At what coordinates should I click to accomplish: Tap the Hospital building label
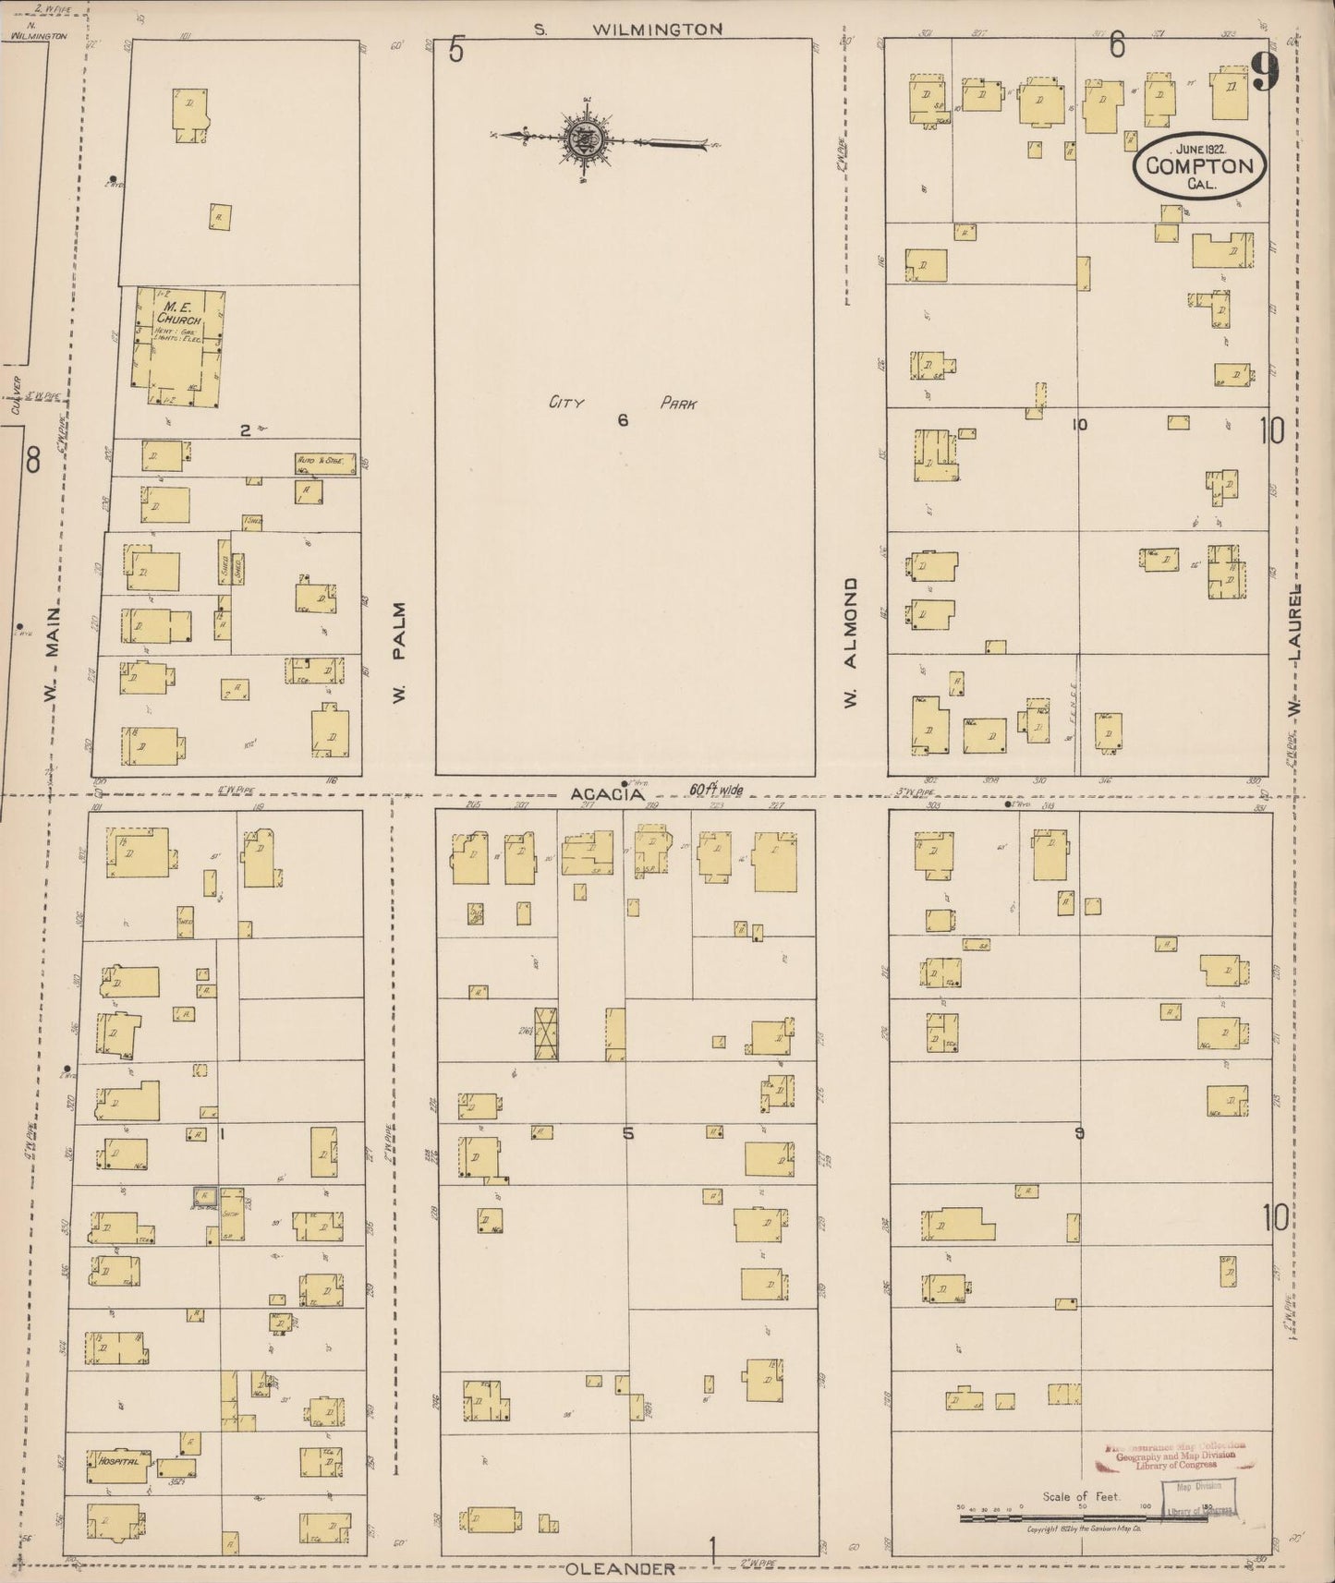pyautogui.click(x=118, y=1462)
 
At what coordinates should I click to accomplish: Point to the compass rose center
pyautogui.click(x=587, y=140)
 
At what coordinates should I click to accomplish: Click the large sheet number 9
pyautogui.click(x=1265, y=72)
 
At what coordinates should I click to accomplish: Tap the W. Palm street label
pyautogui.click(x=399, y=651)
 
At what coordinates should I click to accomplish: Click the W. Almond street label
pyautogui.click(x=851, y=644)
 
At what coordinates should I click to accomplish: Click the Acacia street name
pyautogui.click(x=606, y=794)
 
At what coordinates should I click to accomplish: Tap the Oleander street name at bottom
pyautogui.click(x=620, y=1568)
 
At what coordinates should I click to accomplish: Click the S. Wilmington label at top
pyautogui.click(x=629, y=30)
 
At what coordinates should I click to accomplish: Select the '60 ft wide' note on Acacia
pyautogui.click(x=716, y=791)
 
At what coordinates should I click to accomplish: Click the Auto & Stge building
pyautogui.click(x=325, y=463)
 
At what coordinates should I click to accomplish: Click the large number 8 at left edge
pyautogui.click(x=33, y=459)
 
